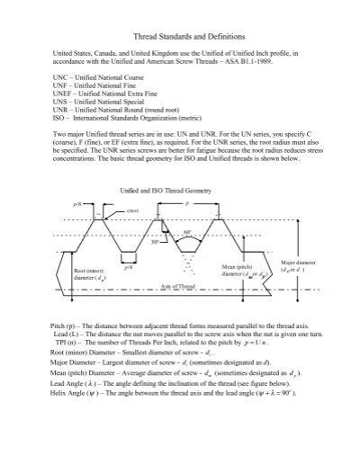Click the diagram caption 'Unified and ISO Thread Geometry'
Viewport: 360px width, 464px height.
(171, 191)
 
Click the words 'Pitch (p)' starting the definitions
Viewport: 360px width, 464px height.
(67, 321)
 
